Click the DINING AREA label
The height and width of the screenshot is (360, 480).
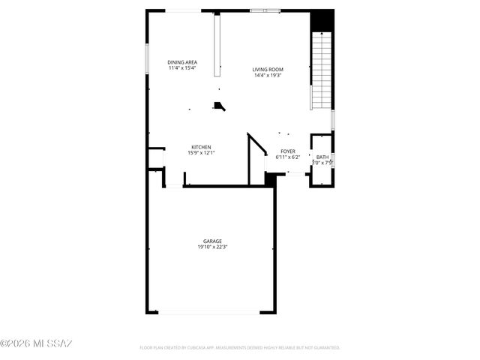click(181, 62)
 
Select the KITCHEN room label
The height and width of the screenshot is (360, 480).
click(201, 147)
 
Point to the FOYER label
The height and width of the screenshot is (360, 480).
click(288, 151)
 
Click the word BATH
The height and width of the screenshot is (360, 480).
click(322, 157)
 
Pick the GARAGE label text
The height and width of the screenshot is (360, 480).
click(212, 241)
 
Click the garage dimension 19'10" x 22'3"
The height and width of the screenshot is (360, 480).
click(212, 247)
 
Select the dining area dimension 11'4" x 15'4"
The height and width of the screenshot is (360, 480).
click(181, 68)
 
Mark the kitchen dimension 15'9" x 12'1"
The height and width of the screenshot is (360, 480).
click(201, 153)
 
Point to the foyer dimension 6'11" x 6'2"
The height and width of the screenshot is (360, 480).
click(288, 157)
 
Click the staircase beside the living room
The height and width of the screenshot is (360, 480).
click(322, 71)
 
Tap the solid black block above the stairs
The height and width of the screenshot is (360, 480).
click(322, 20)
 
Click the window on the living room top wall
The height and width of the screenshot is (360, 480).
click(265, 10)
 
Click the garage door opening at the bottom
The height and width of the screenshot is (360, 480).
click(208, 313)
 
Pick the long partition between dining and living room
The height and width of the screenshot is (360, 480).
click(217, 45)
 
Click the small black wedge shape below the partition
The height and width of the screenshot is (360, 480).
click(219, 106)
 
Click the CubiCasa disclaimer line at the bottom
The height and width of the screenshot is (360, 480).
click(240, 348)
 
